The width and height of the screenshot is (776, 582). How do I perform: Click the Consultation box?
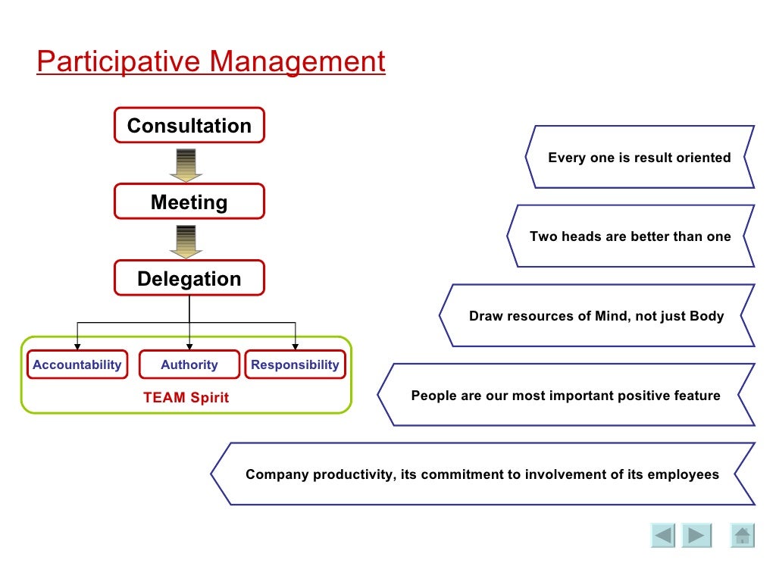coord(189,125)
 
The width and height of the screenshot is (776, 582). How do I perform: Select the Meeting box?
coord(189,202)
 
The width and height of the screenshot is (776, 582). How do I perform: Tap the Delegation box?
coord(189,278)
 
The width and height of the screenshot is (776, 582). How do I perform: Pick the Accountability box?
coord(77,365)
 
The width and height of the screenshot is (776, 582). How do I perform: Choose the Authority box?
coord(189,365)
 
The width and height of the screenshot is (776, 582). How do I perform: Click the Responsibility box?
coord(295,365)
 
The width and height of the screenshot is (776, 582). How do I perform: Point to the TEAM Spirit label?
coord(186,397)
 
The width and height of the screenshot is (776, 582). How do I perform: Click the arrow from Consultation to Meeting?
coord(185,164)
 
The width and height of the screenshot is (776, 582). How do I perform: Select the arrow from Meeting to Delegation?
coord(185,241)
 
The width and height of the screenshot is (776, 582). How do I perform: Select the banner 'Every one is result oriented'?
coord(639,157)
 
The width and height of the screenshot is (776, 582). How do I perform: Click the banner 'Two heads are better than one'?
coord(630,236)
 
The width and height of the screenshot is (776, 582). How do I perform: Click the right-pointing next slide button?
coord(696,536)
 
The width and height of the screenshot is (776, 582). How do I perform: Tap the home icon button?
coord(743,536)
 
